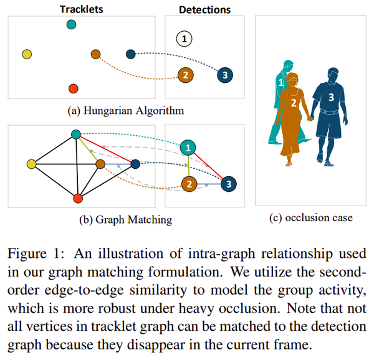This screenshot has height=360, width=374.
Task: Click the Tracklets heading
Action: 81,9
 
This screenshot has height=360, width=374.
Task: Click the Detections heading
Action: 204,9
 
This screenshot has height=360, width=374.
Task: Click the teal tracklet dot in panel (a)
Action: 72,24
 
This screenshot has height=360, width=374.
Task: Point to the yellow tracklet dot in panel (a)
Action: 26,55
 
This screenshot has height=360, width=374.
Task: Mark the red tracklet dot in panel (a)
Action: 73,88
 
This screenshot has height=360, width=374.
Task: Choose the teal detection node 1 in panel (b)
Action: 187,148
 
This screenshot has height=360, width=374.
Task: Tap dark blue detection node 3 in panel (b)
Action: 229,184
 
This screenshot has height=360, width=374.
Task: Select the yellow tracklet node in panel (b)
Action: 31,164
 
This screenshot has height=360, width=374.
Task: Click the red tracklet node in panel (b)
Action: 78,198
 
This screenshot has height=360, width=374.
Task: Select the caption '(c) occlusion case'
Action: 310,219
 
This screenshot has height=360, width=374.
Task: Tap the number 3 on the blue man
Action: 331,97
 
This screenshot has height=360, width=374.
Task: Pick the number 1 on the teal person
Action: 280,82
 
